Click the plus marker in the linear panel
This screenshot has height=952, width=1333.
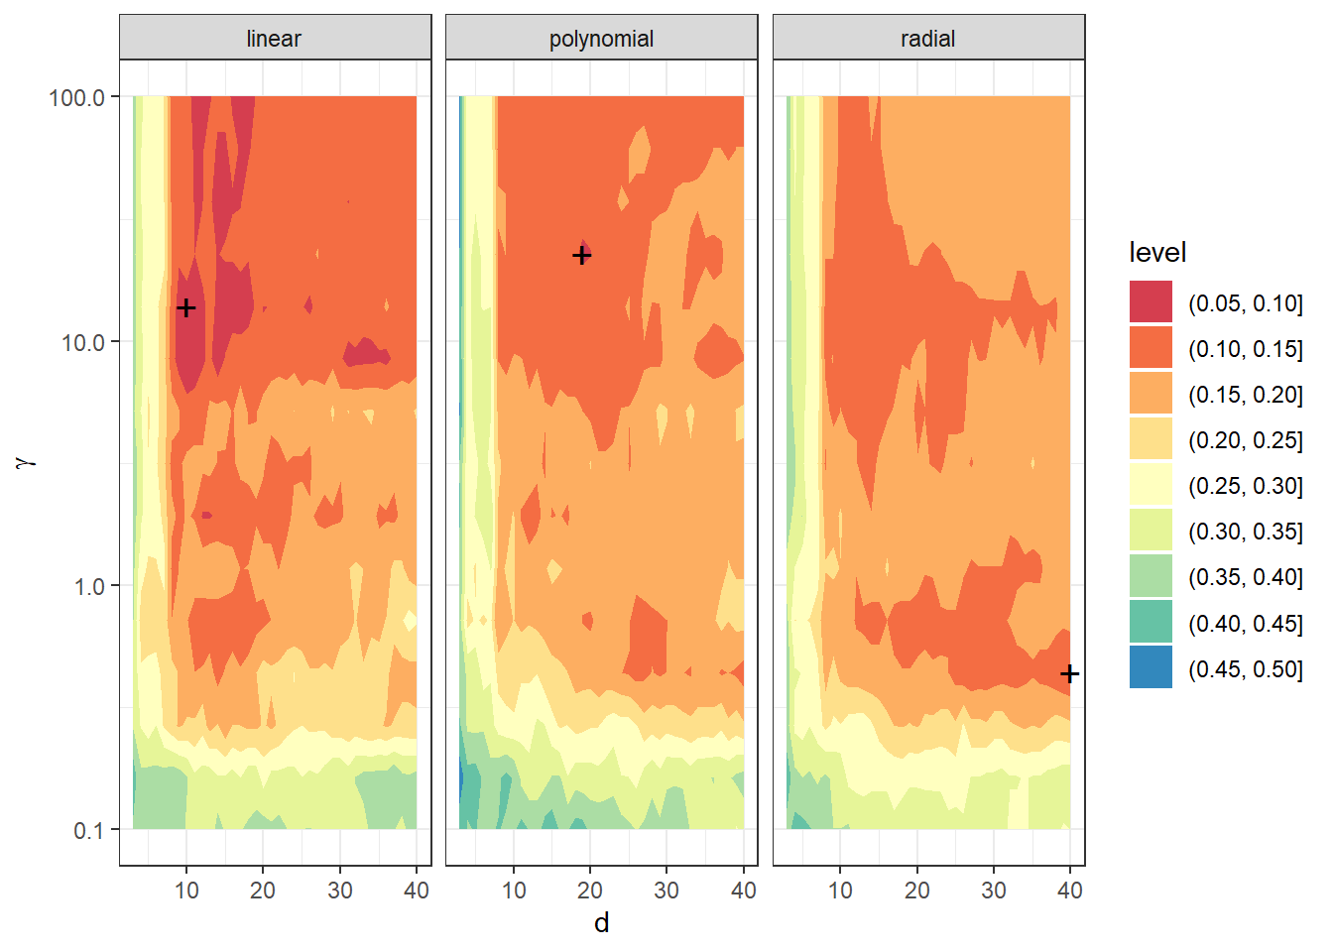(x=185, y=308)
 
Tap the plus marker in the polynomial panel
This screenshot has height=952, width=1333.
(x=582, y=256)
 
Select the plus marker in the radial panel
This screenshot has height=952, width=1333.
(x=1069, y=674)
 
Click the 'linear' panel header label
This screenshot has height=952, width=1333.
(x=274, y=39)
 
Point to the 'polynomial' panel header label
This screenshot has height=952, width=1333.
(x=601, y=39)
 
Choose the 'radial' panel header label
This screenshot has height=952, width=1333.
(x=927, y=39)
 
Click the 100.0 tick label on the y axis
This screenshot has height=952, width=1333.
(x=76, y=97)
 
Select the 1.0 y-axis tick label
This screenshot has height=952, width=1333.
(x=89, y=586)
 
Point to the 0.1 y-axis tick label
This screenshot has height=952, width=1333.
(x=89, y=830)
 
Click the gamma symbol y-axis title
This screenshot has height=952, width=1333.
(x=27, y=462)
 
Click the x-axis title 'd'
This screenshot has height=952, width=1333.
(x=601, y=923)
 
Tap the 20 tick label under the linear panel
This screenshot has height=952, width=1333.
(x=263, y=891)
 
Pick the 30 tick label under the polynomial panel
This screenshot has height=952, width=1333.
(x=666, y=891)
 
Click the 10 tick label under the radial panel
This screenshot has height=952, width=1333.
(x=840, y=891)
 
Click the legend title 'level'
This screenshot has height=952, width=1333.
(x=1157, y=253)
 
